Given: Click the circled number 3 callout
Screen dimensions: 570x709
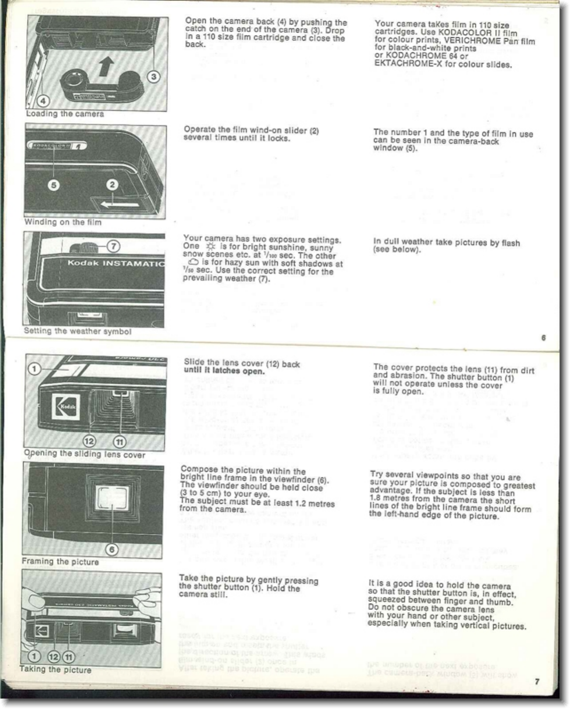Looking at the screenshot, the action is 154,77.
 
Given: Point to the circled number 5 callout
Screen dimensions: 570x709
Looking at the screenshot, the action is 54,185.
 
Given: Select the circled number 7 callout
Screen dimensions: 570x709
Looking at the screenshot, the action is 114,246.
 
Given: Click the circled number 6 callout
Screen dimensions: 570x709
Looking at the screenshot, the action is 112,550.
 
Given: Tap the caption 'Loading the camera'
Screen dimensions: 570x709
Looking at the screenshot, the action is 65,114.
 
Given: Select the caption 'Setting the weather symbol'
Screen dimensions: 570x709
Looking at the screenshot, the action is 78,331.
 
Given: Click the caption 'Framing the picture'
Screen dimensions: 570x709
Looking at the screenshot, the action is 60,562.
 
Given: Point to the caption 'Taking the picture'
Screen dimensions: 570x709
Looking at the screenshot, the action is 55,669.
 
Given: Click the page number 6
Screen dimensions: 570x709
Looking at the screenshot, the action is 543,338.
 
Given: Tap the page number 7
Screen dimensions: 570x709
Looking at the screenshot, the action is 537,681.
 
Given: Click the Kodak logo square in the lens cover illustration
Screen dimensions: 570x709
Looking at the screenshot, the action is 66,406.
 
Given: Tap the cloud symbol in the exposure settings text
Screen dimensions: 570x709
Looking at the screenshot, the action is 194,262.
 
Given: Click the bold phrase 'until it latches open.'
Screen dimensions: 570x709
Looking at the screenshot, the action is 224,371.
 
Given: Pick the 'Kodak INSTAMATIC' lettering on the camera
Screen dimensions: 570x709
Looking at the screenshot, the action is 115,263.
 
